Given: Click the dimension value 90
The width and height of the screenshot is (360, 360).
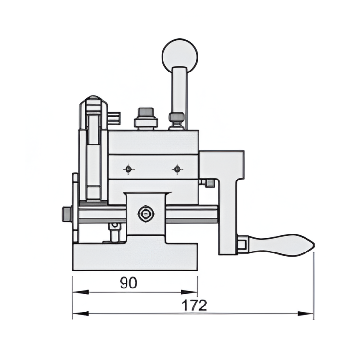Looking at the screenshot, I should [x=128, y=283].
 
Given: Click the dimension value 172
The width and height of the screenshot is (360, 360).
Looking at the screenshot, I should [x=195, y=305].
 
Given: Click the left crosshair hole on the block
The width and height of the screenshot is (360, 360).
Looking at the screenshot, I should [x=128, y=169].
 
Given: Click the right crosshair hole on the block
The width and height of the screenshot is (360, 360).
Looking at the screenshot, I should [x=177, y=169].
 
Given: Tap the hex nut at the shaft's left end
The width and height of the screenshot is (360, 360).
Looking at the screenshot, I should [x=67, y=214].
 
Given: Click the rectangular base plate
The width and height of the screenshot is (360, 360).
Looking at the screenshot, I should [x=135, y=256].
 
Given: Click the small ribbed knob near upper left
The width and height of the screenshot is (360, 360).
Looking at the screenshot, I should [x=115, y=117].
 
